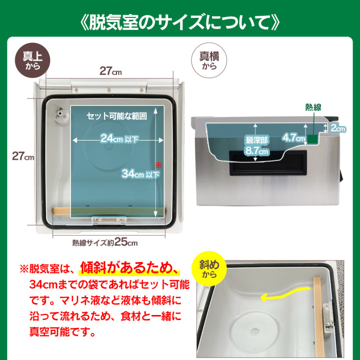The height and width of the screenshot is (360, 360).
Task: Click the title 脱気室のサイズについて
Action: pos(180,23)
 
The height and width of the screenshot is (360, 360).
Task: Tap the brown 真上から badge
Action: pos(33,60)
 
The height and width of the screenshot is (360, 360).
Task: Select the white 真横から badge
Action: pos(209,60)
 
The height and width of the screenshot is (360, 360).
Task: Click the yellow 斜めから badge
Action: pos(209,269)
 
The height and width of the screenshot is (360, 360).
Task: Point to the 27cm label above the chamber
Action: pos(111,71)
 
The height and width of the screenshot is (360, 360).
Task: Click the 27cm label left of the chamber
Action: pos(23,156)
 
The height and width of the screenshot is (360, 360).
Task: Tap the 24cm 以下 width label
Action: pos(119,138)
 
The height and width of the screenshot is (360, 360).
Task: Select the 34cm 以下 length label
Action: pos(141,174)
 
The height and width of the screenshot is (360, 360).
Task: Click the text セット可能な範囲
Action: pos(116,116)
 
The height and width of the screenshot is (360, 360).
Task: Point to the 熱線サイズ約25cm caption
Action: pos(105,242)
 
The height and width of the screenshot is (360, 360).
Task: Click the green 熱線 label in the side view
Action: pos(313,107)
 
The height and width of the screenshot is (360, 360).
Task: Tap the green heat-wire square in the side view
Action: pos(313,139)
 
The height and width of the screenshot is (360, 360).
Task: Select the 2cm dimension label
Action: pos(338,128)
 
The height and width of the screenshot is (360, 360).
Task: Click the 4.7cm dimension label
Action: pos(294,138)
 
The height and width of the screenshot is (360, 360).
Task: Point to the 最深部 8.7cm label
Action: pos(256,146)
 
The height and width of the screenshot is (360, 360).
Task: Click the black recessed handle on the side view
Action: pos(268,164)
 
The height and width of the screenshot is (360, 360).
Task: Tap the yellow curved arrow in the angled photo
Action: pos(286,294)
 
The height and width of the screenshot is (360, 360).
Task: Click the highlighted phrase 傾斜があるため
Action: pos(129,268)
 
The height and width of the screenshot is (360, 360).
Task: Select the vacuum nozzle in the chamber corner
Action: pos(61,115)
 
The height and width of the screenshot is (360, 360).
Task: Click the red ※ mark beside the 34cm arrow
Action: pos(159,165)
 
